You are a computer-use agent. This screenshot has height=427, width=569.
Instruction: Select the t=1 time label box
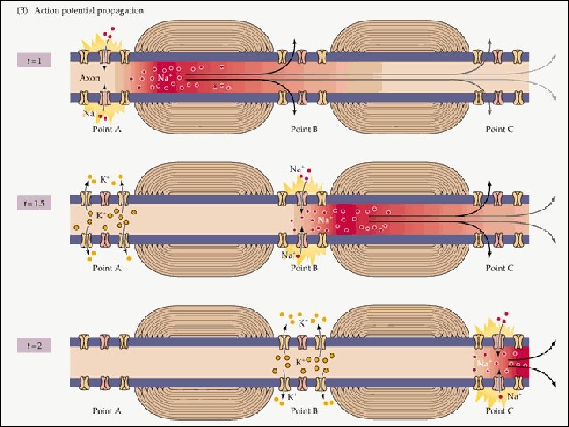tap(36, 59)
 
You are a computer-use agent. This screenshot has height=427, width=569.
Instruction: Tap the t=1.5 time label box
tap(36, 203)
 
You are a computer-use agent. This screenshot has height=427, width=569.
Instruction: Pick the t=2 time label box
tap(36, 346)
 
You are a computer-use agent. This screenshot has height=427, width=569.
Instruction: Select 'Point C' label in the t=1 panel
tap(499, 129)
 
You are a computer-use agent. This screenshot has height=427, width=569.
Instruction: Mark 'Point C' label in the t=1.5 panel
tap(499, 268)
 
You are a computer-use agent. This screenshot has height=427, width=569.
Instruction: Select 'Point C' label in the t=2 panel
tap(499, 411)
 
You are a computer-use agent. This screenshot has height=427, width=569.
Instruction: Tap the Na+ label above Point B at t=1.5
tap(296, 168)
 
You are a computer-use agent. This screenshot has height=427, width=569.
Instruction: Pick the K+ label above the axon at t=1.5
tap(105, 179)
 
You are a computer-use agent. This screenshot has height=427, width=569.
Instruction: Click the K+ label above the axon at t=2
tap(302, 323)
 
